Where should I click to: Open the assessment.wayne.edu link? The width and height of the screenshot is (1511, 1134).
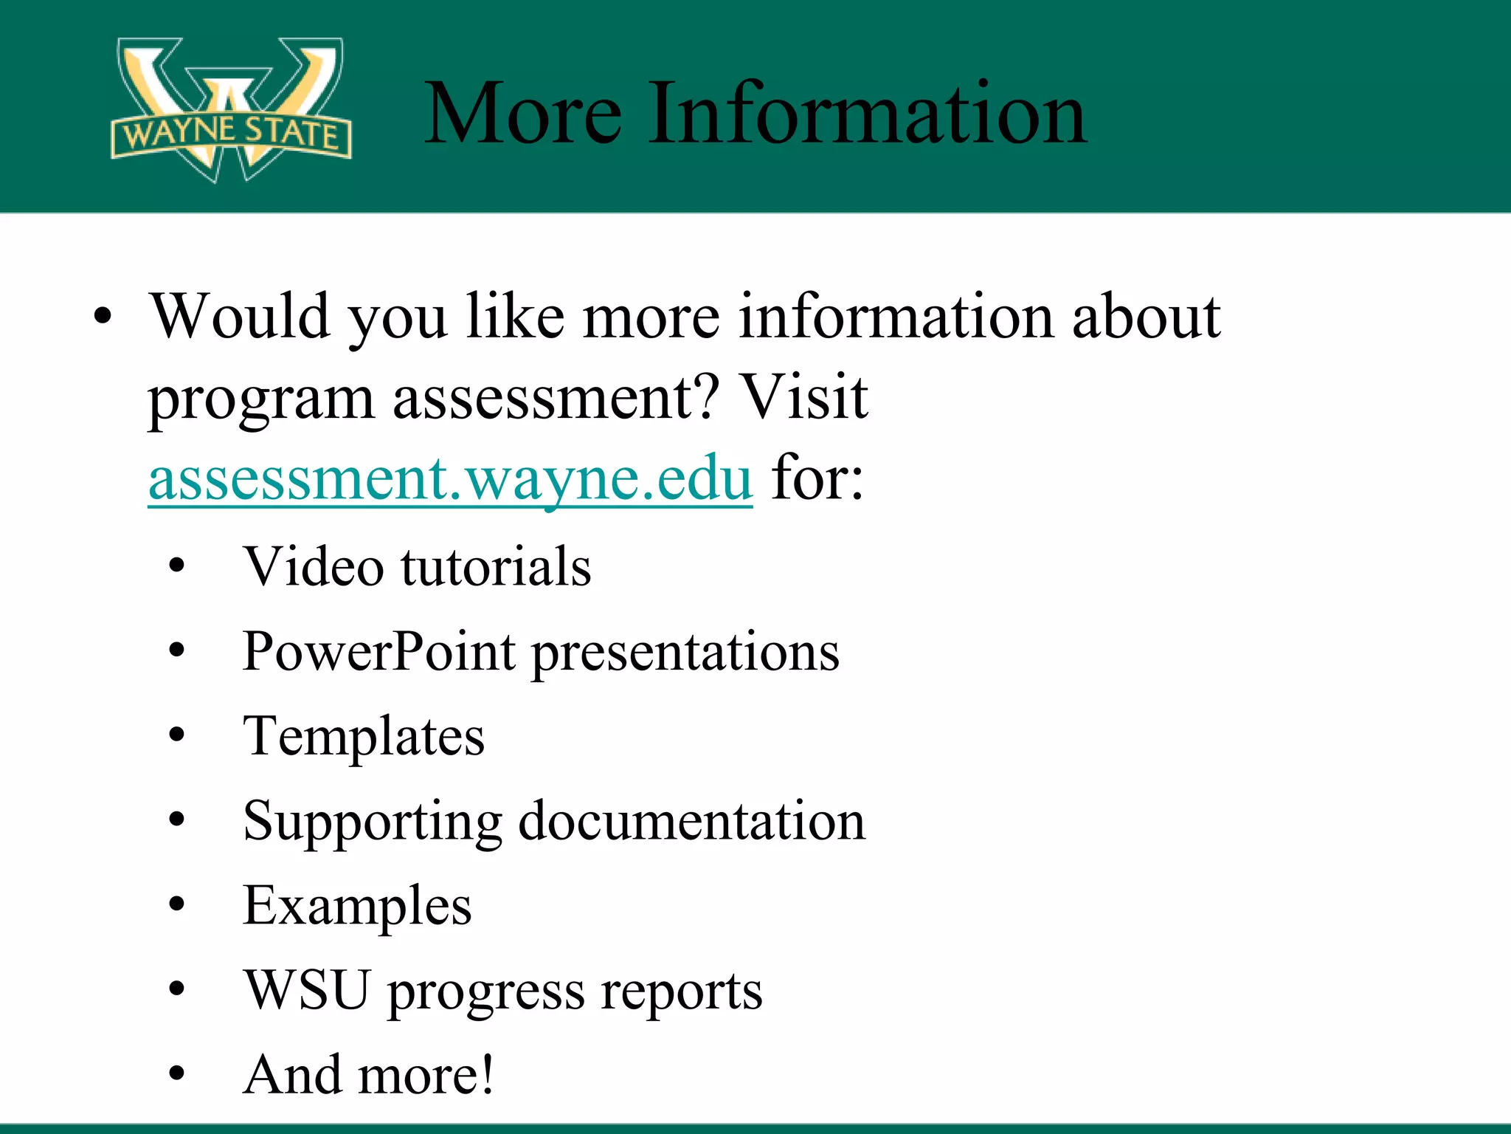click(450, 479)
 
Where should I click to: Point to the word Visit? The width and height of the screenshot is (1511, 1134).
click(803, 397)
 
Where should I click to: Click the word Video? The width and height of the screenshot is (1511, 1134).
click(314, 567)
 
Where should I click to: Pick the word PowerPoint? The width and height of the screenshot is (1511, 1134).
click(378, 652)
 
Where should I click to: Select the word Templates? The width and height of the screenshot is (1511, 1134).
click(364, 737)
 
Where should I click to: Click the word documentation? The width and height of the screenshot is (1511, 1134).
click(691, 821)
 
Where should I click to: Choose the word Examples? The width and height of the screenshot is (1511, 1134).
click(357, 907)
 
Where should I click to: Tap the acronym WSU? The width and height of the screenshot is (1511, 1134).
click(307, 990)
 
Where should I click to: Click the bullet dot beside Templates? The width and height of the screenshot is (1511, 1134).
click(176, 736)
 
